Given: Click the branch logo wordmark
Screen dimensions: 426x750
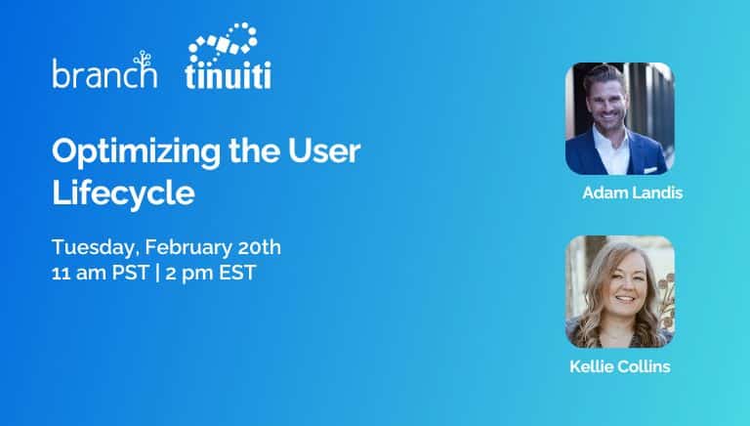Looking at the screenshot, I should tap(104, 74).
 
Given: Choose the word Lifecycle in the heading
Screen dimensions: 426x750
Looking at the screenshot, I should tap(123, 192).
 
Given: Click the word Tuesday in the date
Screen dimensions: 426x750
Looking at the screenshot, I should tap(94, 246).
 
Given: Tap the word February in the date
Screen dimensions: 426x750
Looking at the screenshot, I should tap(187, 246).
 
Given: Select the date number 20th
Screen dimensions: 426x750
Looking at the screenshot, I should tap(258, 246).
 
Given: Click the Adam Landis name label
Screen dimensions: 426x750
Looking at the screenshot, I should tap(632, 192).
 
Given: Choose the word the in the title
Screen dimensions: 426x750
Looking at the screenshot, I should tap(252, 152).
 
